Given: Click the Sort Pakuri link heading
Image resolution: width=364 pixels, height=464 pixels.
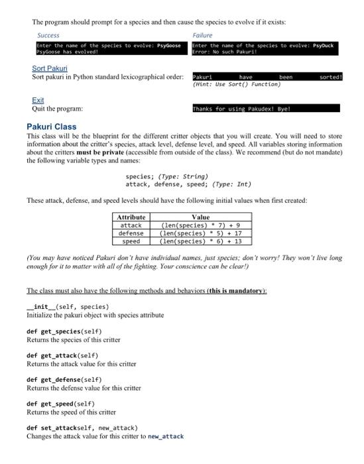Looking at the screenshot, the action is coord(50,68).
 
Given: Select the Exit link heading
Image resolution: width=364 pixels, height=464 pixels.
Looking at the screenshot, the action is coord(38,100).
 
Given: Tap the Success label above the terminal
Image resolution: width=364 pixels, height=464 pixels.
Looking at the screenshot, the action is coord(48,35).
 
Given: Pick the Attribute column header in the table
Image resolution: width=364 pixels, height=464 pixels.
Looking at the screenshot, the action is coord(131,217).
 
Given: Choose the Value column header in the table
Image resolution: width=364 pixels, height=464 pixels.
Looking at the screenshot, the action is coord(200,217).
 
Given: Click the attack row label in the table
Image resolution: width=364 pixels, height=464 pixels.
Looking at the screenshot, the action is coord(131,225).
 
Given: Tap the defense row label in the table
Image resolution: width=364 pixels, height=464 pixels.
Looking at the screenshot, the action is coord(131,233).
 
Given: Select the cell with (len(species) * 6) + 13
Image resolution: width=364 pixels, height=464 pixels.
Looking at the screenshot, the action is coord(200,241).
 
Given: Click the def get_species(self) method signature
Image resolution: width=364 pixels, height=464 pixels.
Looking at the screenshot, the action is coord(64,331).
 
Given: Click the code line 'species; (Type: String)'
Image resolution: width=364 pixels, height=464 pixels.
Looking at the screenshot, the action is coord(166,176).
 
